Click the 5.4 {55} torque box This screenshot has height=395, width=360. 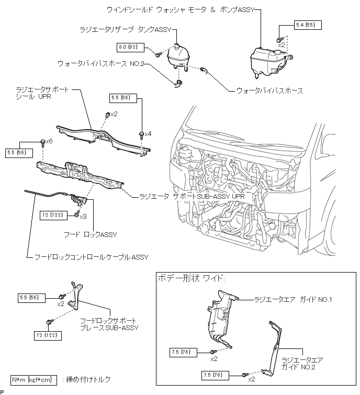pyautogui.click(x=308, y=25)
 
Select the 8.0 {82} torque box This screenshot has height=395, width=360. pyautogui.click(x=130, y=48)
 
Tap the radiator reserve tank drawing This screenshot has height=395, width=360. pyautogui.click(x=178, y=58)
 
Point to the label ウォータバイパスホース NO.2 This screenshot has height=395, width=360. pyautogui.click(x=101, y=63)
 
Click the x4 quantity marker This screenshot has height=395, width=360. pyautogui.click(x=148, y=134)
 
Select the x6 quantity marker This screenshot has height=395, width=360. pyautogui.click(x=49, y=141)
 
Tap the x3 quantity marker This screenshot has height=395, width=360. pyautogui.click(x=83, y=217)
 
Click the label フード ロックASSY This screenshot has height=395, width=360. pyautogui.click(x=90, y=235)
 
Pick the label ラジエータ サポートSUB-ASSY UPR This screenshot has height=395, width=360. pyautogui.click(x=192, y=197)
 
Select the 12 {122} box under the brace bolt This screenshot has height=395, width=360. pyautogui.click(x=48, y=335)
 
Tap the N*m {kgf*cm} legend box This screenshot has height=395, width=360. pyautogui.click(x=33, y=380)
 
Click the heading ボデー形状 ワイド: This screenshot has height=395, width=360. pyautogui.click(x=191, y=278)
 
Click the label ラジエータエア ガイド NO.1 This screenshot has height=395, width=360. pyautogui.click(x=292, y=300)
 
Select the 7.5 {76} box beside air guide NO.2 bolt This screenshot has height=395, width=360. pyautogui.click(x=215, y=375)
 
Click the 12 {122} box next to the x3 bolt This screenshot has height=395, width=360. pyautogui.click(x=54, y=215)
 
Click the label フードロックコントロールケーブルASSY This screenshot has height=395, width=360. pyautogui.click(x=91, y=257)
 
